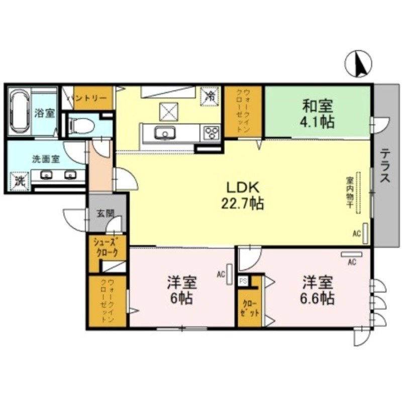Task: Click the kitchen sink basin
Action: point(163,134)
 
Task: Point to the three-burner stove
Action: point(211,134)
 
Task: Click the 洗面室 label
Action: point(46,159)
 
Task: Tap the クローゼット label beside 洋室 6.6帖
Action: point(250,308)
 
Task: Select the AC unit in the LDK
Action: point(366,232)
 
